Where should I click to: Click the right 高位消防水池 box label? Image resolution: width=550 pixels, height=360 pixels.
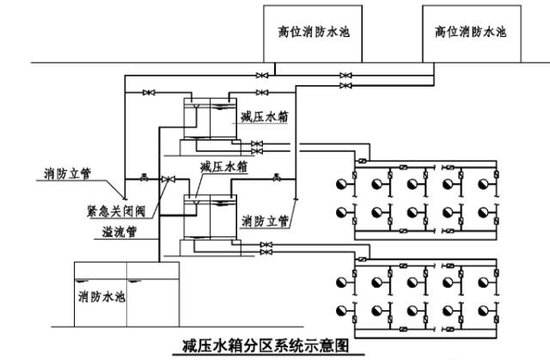472,32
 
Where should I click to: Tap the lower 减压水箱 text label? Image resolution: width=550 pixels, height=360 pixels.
223,167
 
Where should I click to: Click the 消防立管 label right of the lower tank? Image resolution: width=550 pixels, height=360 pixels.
265,220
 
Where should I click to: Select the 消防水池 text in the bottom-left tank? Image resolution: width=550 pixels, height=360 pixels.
101,297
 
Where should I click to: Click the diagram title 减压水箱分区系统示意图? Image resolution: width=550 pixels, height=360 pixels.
274,345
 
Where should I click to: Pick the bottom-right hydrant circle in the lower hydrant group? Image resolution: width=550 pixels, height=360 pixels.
489,309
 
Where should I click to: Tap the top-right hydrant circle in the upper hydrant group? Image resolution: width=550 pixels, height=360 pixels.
489,182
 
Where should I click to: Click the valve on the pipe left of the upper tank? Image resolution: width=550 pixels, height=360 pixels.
149,91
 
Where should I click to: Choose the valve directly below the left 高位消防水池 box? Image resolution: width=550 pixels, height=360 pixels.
261,76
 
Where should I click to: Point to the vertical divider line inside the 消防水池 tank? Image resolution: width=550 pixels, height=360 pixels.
126,296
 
